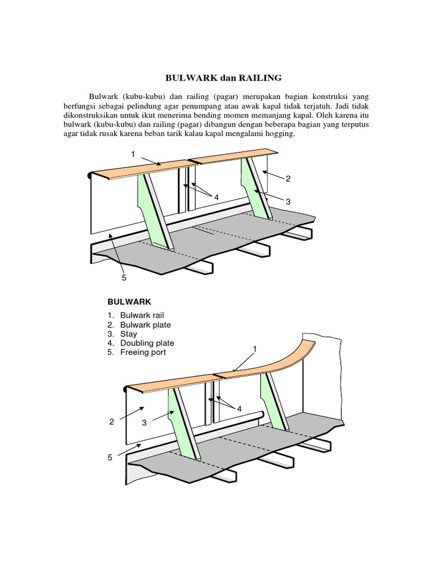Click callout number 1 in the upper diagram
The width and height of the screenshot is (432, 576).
(133, 154)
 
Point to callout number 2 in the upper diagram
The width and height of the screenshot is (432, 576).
(288, 179)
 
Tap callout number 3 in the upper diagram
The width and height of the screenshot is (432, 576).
(287, 201)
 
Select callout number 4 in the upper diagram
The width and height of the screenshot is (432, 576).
(216, 196)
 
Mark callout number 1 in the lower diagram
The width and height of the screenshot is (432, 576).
(254, 349)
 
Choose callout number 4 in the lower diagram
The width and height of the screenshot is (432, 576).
(238, 408)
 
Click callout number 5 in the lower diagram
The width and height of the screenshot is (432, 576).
(110, 458)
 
